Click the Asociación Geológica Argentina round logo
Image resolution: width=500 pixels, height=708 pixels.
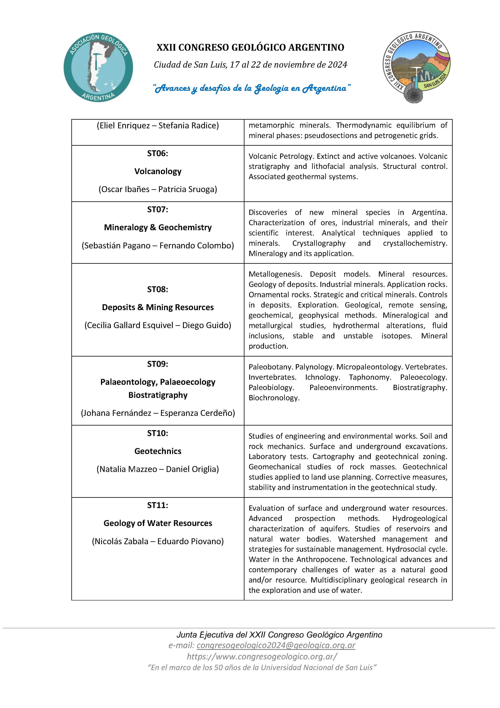click(x=98, y=67)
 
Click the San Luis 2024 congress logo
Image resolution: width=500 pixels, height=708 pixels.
click(x=417, y=67)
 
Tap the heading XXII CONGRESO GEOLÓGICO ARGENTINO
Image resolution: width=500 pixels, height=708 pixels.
click(x=250, y=47)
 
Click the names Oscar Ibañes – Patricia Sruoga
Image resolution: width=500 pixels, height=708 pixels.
click(x=158, y=189)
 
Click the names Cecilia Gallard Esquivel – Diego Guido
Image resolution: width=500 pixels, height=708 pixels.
click(x=158, y=325)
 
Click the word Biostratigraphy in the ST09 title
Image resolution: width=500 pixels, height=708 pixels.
click(x=158, y=395)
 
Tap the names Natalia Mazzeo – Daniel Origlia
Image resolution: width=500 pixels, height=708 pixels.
click(x=158, y=469)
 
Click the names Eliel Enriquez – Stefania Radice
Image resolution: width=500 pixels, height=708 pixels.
click(x=158, y=125)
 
